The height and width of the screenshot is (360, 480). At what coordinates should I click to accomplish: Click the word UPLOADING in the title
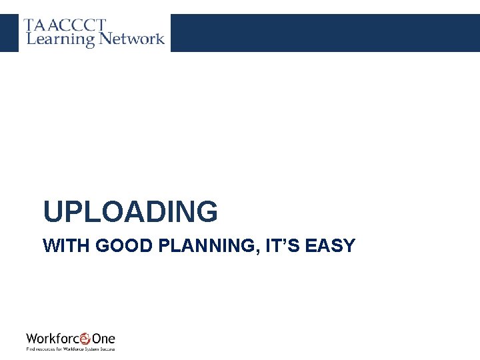tap(130, 212)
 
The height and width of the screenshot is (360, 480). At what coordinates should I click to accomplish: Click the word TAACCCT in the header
tap(65, 25)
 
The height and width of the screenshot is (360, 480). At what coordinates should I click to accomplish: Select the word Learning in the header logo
tap(60, 39)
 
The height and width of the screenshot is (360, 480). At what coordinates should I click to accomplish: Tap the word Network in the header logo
tap(131, 39)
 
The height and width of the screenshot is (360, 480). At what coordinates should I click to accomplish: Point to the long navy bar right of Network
tap(325, 33)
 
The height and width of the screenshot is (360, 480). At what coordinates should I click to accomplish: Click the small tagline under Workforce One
tap(71, 349)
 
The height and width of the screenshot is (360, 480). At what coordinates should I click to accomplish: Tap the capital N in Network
tap(107, 39)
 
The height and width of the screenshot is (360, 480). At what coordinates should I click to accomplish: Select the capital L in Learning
tap(30, 39)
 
